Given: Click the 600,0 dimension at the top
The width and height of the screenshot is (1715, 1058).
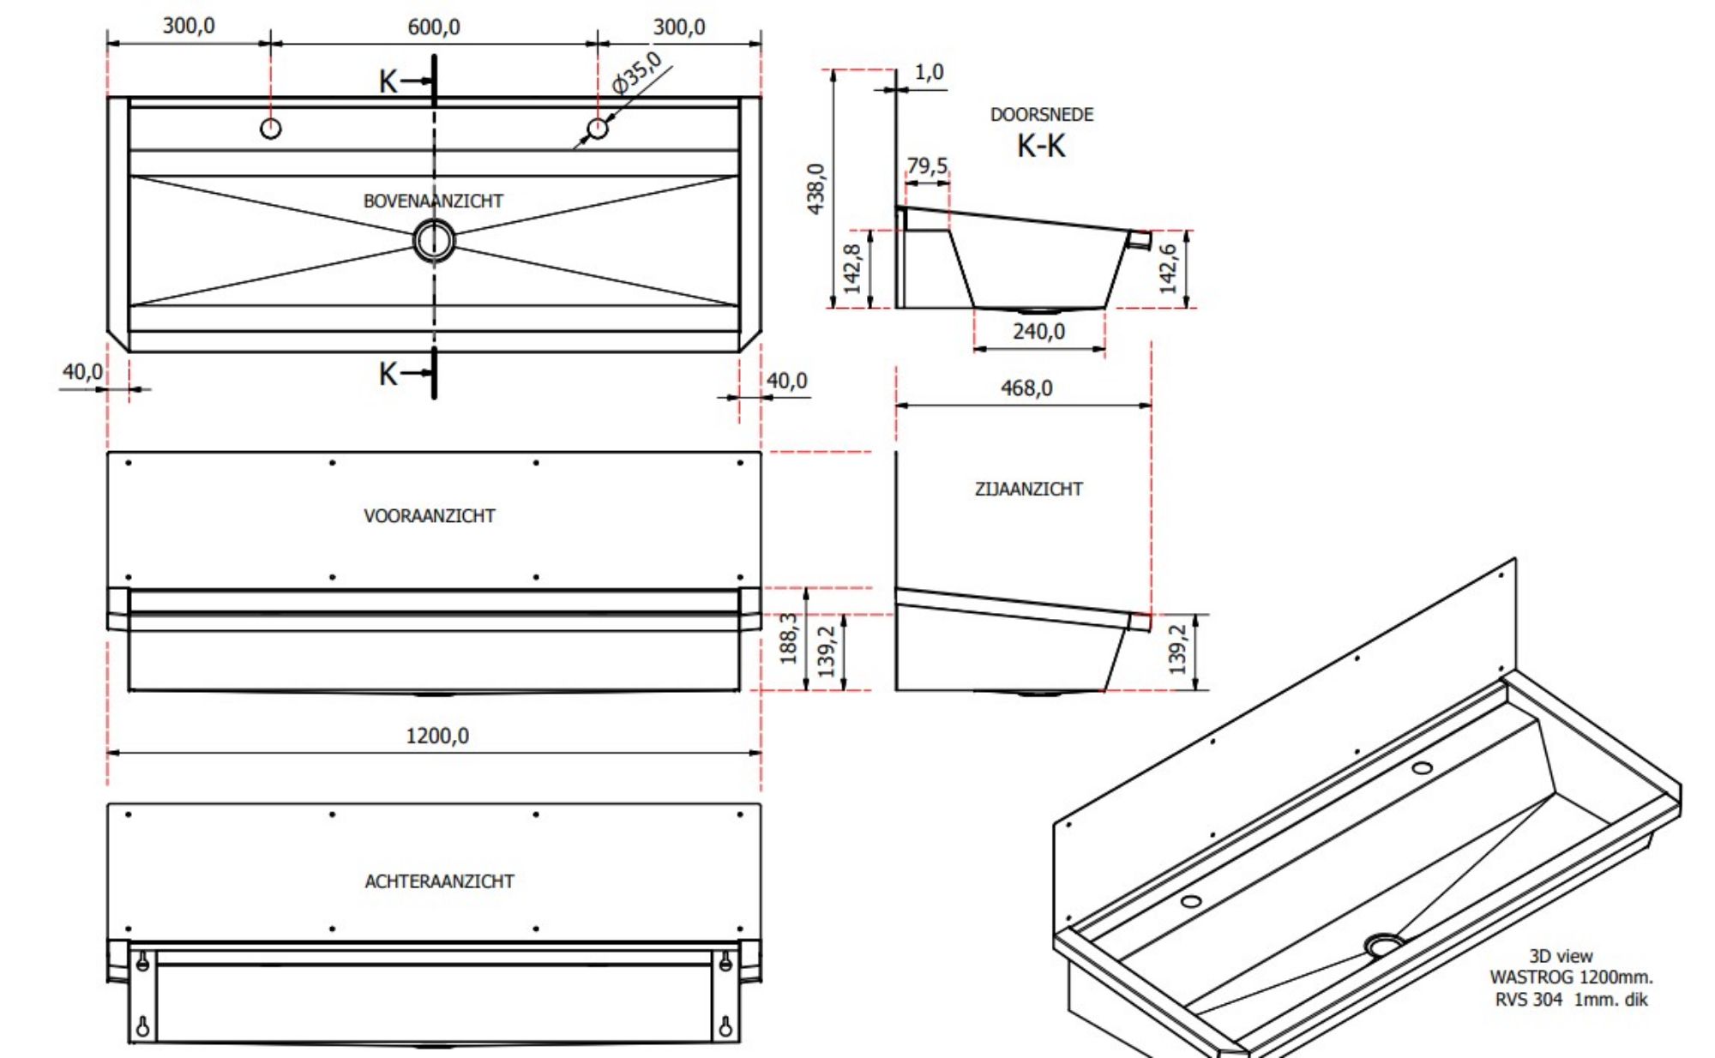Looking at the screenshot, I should coord(433,27).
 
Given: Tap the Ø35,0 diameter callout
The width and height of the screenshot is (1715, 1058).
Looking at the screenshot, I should coord(636,73).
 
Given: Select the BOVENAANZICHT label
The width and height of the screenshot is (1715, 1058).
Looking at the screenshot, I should coord(433,201).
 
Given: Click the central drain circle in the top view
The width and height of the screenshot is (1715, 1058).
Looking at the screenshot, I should coord(434,240).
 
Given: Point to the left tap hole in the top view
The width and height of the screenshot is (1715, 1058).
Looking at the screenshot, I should coord(270,129).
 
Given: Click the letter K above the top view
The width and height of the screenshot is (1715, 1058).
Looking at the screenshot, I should coord(388,81).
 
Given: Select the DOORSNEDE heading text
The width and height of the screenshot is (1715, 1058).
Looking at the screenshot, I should coord(1042,114).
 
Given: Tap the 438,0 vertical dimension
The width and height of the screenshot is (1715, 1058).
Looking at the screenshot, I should coord(815,189).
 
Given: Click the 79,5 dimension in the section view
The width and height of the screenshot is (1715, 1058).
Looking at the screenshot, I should coord(927,165).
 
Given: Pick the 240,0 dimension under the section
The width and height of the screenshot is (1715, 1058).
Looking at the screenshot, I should coord(1038,331).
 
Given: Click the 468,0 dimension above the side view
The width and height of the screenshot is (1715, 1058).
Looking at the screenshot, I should coord(1026,388).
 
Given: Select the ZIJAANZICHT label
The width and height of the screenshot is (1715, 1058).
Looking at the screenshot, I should coord(1028,489).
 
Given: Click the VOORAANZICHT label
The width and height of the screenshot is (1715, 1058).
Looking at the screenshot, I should coord(429,515).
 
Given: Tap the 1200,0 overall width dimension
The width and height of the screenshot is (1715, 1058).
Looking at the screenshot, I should coord(436,736).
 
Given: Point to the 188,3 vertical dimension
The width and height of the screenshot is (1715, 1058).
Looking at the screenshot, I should coord(788,638).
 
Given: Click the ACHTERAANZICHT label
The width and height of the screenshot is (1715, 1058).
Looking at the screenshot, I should coord(439,881).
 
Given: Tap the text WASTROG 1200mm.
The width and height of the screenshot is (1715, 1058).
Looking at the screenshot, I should coord(1571,977).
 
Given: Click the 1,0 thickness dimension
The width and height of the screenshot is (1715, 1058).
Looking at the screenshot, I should coord(929,72).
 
